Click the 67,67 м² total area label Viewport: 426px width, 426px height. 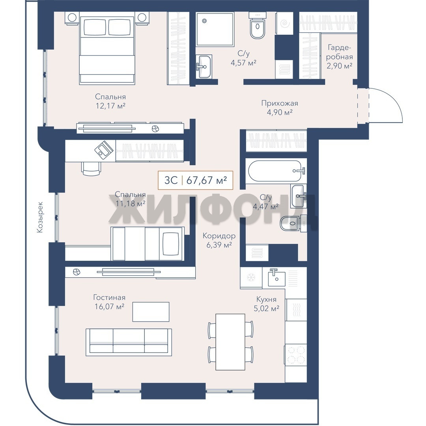click(x=207, y=180)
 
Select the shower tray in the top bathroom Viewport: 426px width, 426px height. click(x=215, y=29)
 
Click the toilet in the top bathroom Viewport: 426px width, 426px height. click(x=257, y=26)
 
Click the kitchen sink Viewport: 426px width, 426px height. click(x=277, y=278)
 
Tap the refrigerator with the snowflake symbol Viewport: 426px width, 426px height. click(x=251, y=278)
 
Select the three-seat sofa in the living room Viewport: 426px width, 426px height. click(x=129, y=342)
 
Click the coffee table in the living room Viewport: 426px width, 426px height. click(x=151, y=312)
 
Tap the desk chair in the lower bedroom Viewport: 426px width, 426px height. click(x=91, y=168)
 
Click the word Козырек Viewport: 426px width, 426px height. click(x=40, y=217)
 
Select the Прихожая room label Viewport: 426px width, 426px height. click(x=280, y=103)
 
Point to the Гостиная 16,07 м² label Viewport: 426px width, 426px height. click(x=109, y=302)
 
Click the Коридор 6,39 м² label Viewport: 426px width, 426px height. click(x=219, y=241)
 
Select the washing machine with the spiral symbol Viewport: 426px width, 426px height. click(x=285, y=24)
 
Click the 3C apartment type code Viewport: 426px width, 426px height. click(x=171, y=180)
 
